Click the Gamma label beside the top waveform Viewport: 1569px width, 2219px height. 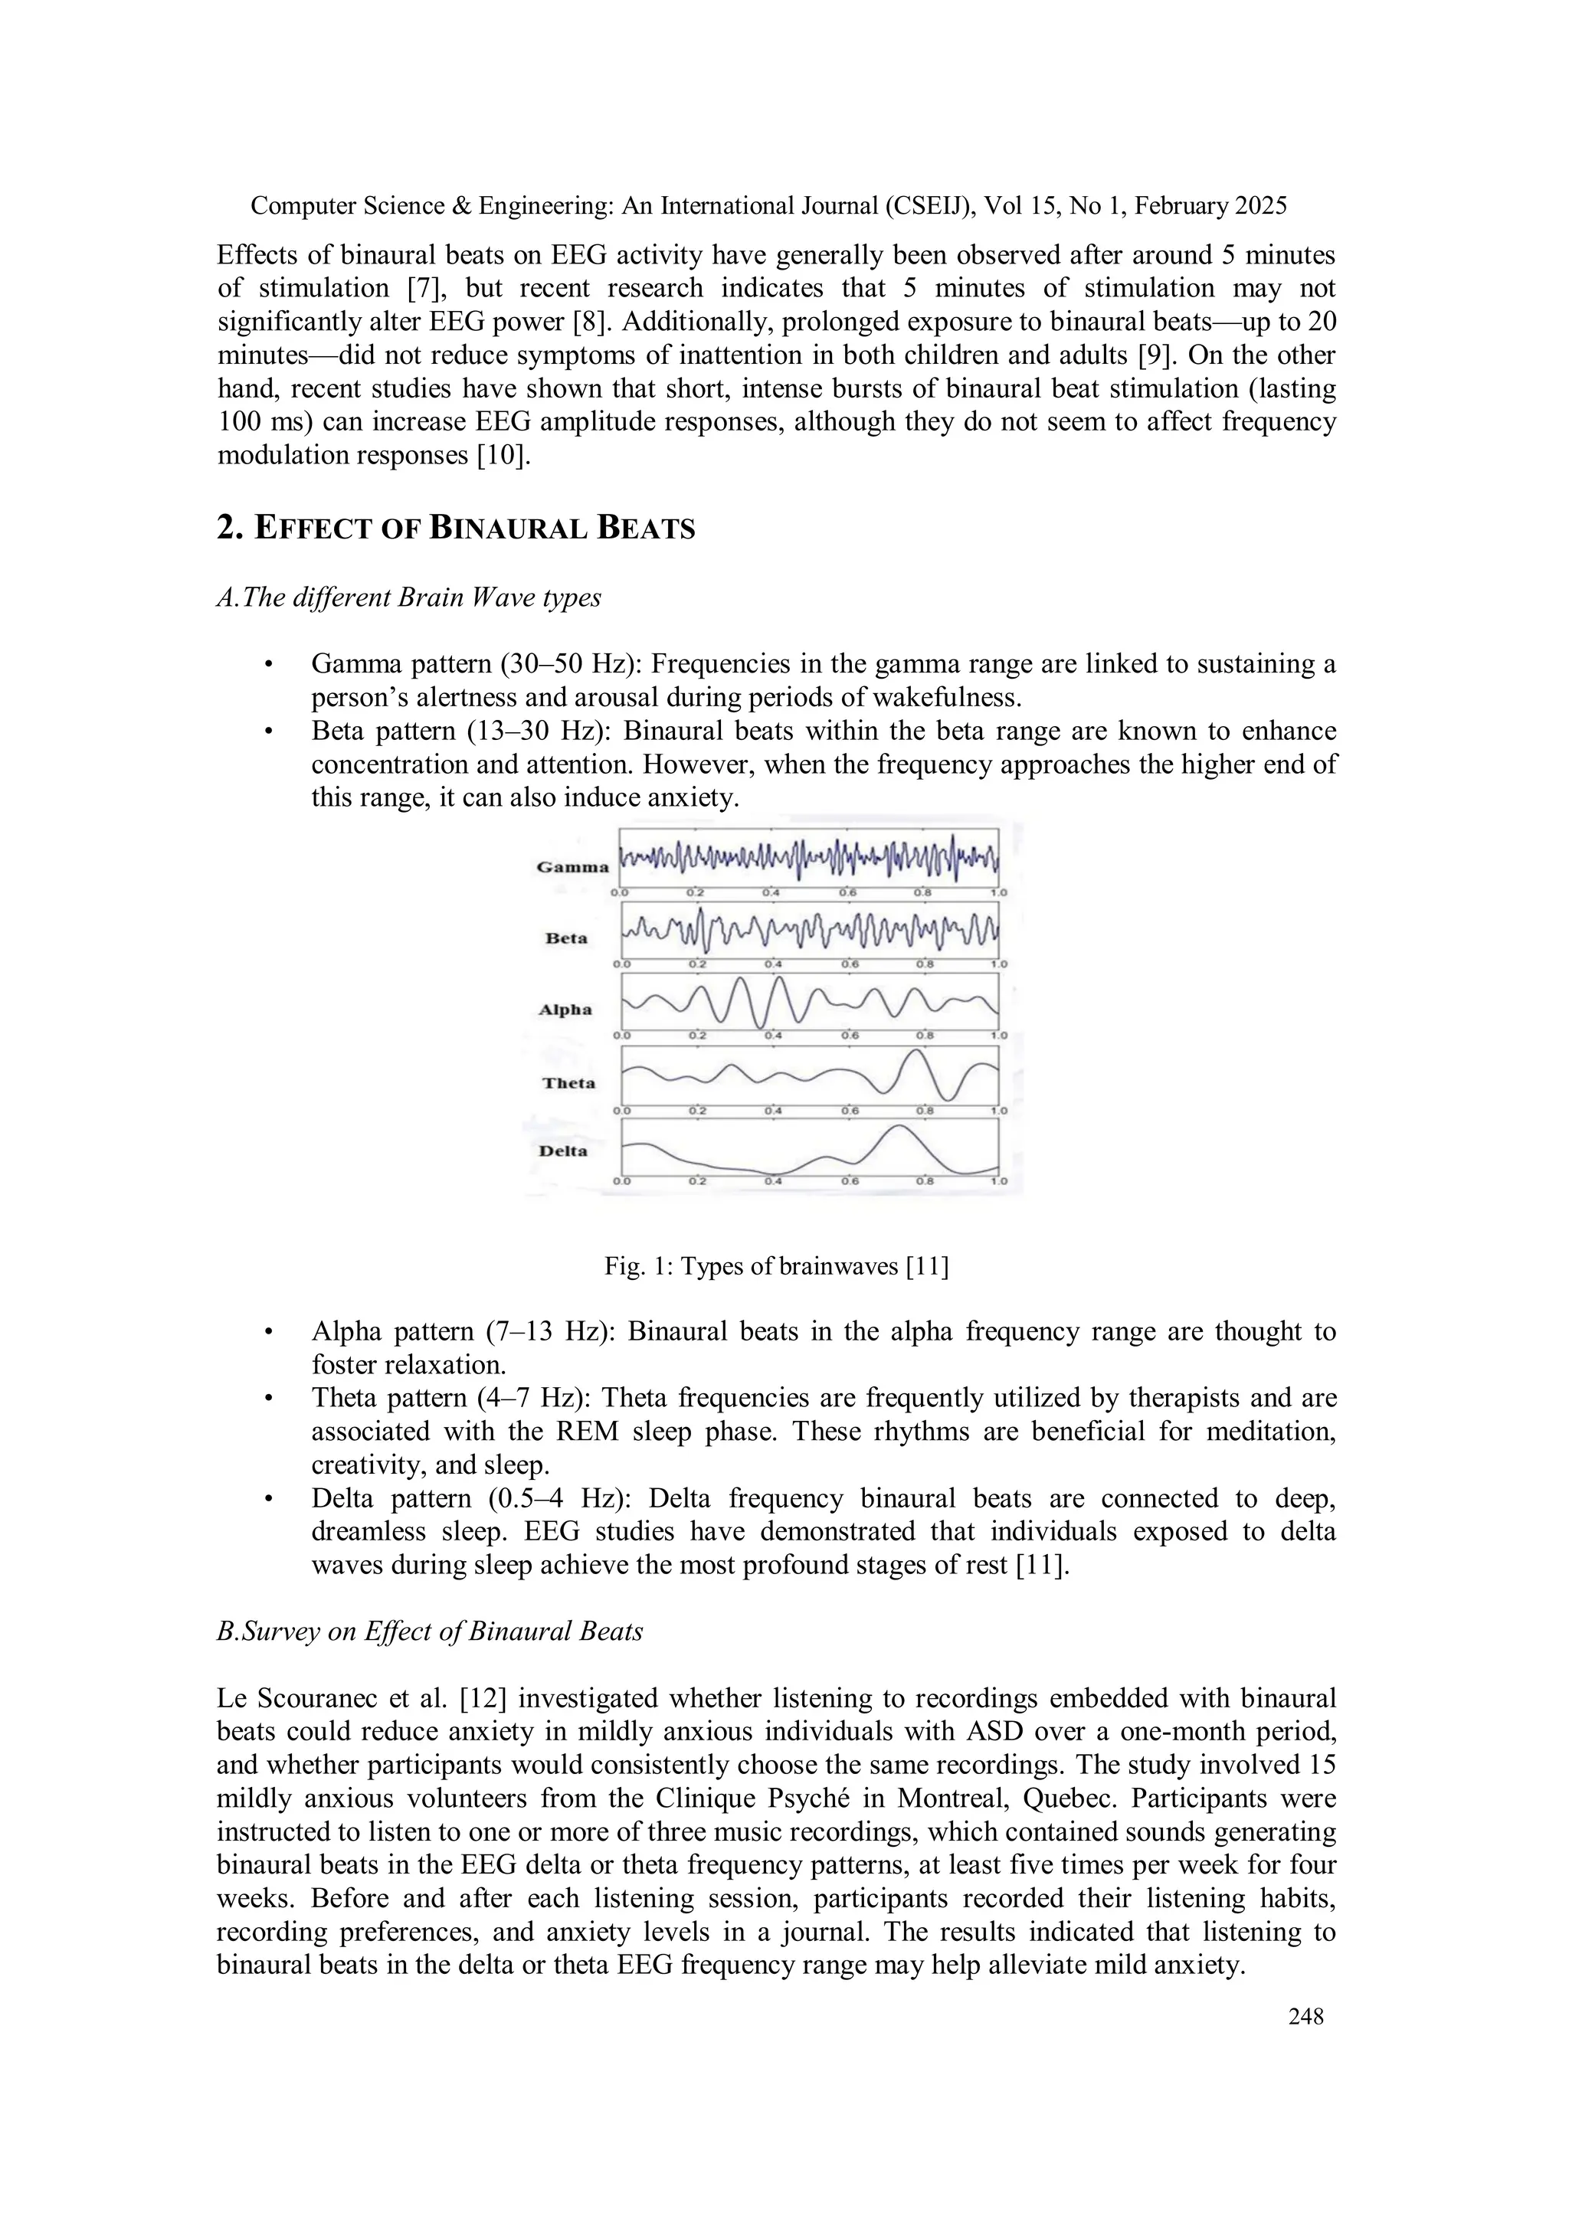572,867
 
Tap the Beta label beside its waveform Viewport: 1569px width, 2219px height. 565,938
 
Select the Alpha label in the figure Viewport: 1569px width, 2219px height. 565,1010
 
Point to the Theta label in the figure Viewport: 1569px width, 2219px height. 568,1083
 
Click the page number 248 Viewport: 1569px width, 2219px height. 1306,2016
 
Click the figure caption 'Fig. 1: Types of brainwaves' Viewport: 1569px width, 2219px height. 776,1266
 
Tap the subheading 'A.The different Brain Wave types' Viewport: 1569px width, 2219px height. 409,597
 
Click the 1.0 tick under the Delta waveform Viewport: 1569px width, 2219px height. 997,1181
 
